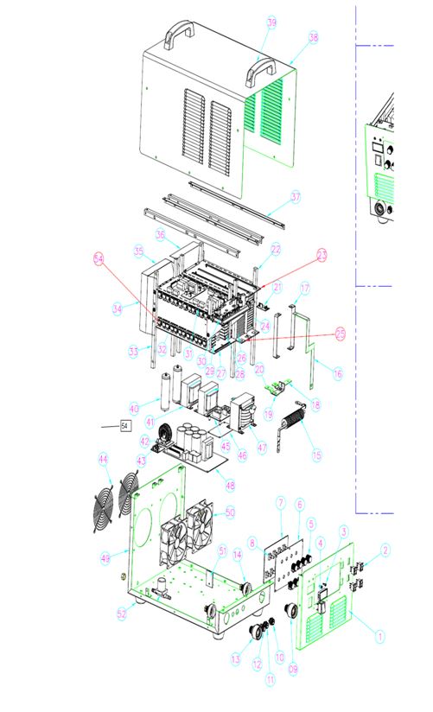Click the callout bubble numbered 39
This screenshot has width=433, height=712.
click(x=272, y=22)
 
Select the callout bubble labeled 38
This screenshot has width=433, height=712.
click(x=313, y=37)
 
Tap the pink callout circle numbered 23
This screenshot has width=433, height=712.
click(x=322, y=255)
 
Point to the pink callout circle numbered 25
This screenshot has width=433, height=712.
click(x=340, y=333)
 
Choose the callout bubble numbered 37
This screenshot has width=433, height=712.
click(x=296, y=197)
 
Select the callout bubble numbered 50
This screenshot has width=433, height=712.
click(x=230, y=512)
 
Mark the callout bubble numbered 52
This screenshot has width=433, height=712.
click(x=121, y=613)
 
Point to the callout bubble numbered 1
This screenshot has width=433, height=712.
click(x=379, y=635)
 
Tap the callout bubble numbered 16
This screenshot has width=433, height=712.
click(x=338, y=374)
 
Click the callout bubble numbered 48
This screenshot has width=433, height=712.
click(x=230, y=485)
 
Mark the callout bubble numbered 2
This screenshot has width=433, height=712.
click(x=386, y=548)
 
